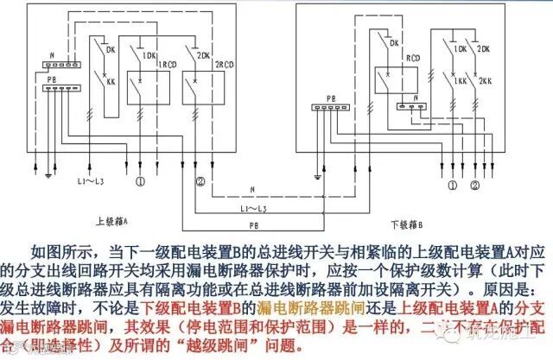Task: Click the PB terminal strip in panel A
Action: click(54, 90)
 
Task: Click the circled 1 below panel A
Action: click(138, 181)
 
